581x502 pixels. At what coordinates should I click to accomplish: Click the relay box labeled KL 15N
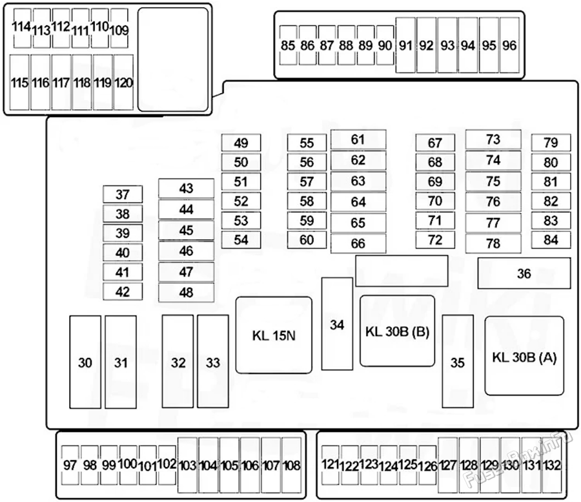coord(274,335)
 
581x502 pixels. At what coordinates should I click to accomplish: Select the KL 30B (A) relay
coord(524,355)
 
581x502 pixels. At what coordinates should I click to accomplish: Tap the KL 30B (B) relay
coord(397,331)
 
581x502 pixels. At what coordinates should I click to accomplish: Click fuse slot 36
coord(524,273)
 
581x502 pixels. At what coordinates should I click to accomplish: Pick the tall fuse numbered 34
coord(337,324)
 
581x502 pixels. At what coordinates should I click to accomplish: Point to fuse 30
coord(85,362)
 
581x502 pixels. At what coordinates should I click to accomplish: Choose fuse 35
coord(458,362)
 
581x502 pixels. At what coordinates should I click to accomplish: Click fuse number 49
coord(241,143)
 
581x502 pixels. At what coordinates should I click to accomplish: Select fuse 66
coord(358,243)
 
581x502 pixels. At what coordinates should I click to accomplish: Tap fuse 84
coord(551,240)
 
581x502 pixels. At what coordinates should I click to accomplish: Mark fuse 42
coord(123,291)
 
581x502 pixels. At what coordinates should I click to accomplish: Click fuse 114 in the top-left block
coord(22,28)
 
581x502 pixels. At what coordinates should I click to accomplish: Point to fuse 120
coord(123,82)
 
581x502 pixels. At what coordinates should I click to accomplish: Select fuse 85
coord(288,45)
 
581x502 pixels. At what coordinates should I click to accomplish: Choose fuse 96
coord(509,45)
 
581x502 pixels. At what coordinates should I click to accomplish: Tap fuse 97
coord(70,465)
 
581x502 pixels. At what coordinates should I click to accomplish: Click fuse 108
coord(292,465)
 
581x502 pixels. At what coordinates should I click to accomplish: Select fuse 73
coord(493,140)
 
